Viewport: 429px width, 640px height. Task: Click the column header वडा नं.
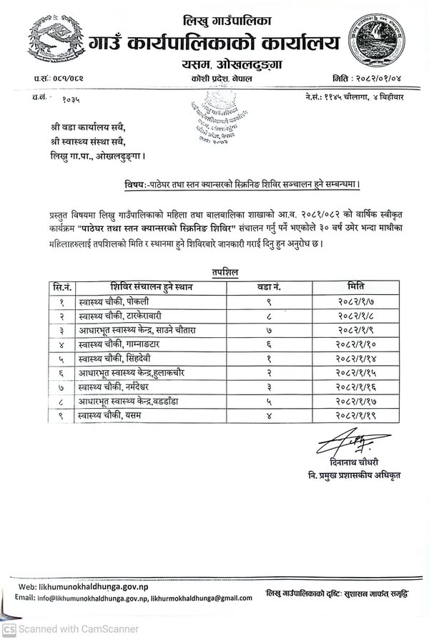click(268, 287)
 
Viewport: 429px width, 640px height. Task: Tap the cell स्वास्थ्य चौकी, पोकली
click(121, 302)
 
